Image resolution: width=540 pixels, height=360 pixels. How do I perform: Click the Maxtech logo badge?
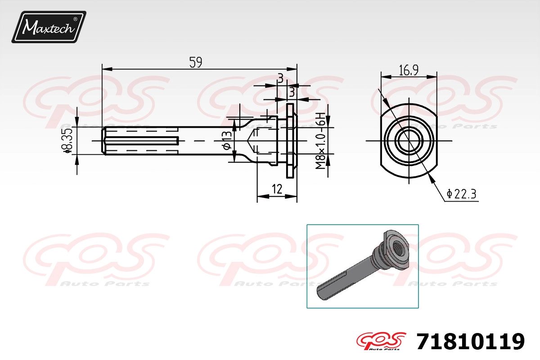pyautogui.click(x=49, y=27)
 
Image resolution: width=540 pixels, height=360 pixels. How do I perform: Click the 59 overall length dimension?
pyautogui.click(x=195, y=62)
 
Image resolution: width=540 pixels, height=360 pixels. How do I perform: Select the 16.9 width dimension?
pyautogui.click(x=409, y=70)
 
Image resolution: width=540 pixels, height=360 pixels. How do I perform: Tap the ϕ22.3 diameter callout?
pyautogui.click(x=461, y=194)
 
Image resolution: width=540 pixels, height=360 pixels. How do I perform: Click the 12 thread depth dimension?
pyautogui.click(x=277, y=189)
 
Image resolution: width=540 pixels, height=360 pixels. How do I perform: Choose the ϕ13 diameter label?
pyautogui.click(x=227, y=140)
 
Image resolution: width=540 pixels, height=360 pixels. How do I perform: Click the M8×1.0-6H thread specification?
pyautogui.click(x=320, y=140)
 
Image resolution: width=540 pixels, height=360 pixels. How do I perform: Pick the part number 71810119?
pyautogui.click(x=470, y=342)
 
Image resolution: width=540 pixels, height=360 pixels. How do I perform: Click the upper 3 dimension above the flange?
pyautogui.click(x=280, y=78)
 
